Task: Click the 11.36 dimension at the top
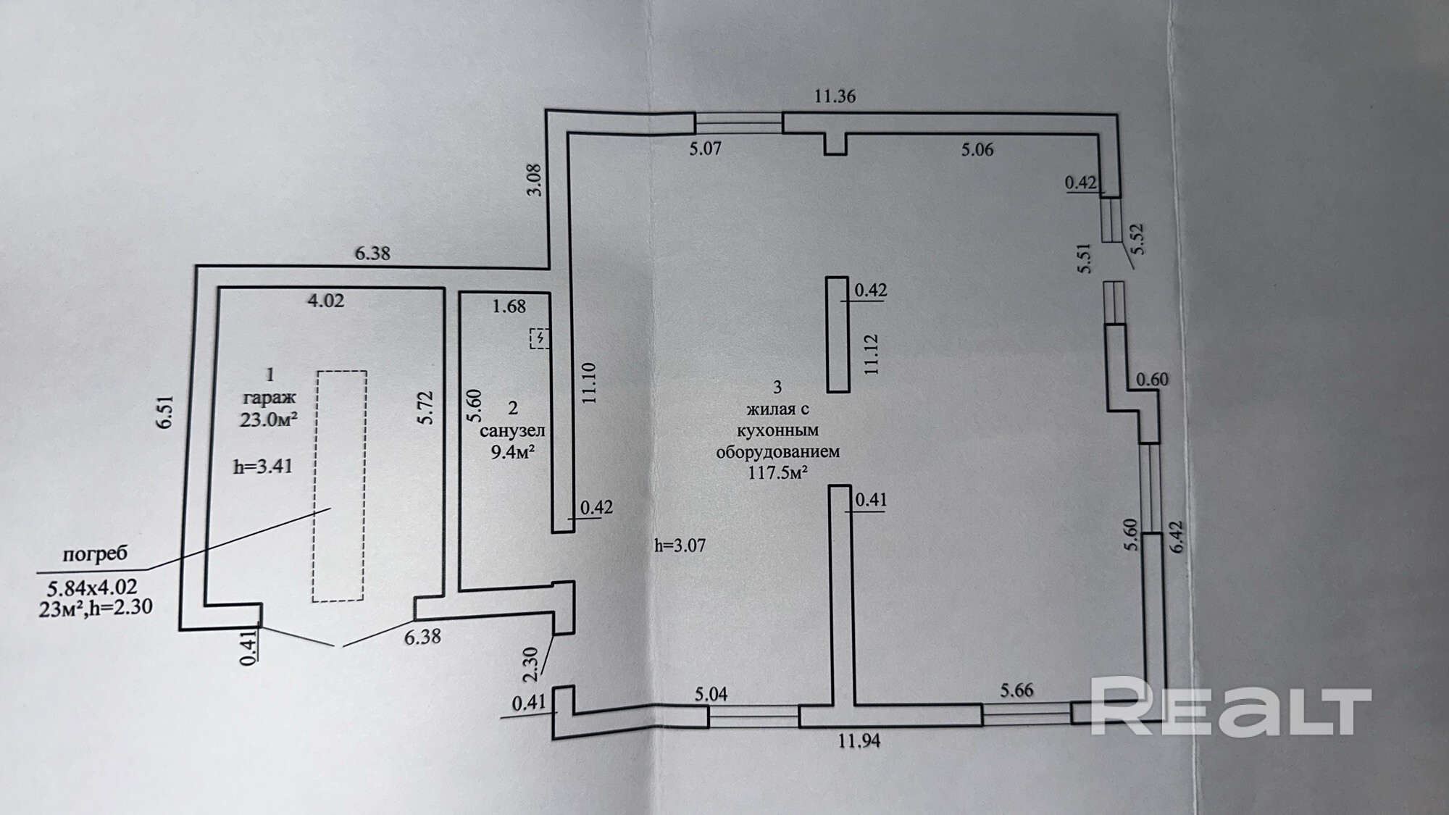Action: (x=835, y=96)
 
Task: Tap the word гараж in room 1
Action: (x=270, y=397)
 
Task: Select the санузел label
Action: (x=512, y=430)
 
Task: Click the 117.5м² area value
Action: (x=778, y=474)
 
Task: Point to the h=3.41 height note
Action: (x=263, y=466)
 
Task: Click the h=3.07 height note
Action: (x=680, y=546)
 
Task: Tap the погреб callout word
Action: (x=95, y=554)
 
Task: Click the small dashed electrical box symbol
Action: (x=540, y=338)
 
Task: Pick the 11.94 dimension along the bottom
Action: (x=859, y=740)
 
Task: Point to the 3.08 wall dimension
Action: (x=534, y=180)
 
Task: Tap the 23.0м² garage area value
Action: (x=270, y=419)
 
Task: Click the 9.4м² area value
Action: (x=513, y=453)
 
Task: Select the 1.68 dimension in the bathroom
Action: (x=509, y=306)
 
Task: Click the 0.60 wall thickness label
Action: (x=1152, y=379)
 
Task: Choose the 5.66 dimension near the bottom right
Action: (x=1016, y=690)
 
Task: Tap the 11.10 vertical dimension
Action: (x=588, y=383)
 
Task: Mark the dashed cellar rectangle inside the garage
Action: (x=339, y=485)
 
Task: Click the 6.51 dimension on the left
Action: (x=166, y=411)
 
